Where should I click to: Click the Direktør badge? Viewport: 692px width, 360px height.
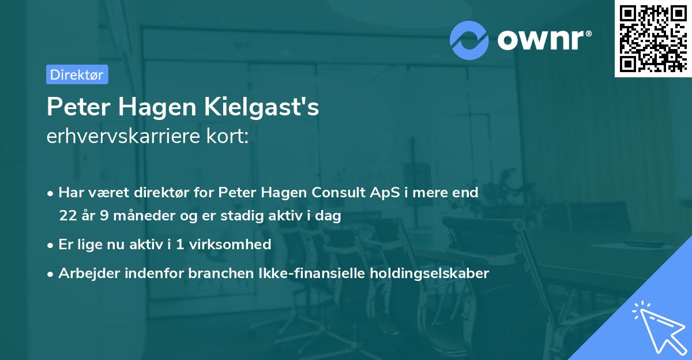[77, 74]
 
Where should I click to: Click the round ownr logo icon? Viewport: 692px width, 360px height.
[469, 39]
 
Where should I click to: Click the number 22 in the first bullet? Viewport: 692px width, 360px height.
[67, 216]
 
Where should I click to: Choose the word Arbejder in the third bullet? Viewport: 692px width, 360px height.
[85, 273]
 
